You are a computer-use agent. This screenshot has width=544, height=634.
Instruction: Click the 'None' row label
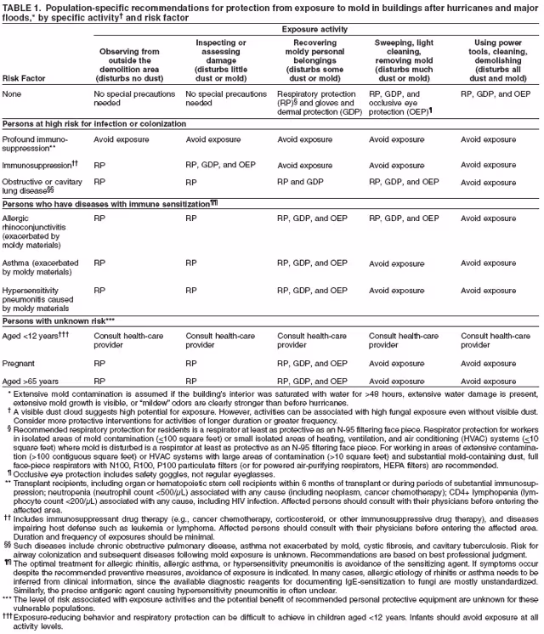(13, 94)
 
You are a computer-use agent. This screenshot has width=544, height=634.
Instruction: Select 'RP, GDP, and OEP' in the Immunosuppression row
(220, 166)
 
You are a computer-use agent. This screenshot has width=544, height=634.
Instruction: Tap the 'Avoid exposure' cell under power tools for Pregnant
(487, 362)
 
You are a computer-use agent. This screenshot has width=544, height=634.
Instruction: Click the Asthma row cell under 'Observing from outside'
(99, 263)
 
